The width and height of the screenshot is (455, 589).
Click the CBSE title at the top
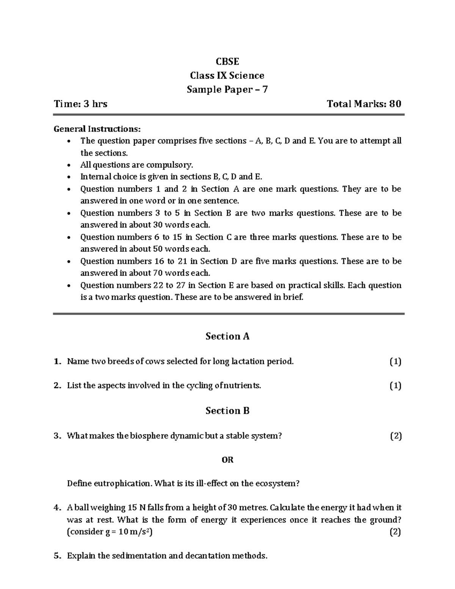(227, 61)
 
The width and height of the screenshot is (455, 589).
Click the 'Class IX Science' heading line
(227, 75)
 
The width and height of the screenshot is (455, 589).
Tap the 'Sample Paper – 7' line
(227, 90)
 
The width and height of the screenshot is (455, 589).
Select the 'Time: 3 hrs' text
(81, 104)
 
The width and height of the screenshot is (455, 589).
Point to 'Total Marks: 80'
(364, 104)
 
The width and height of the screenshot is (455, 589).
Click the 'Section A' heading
(227, 336)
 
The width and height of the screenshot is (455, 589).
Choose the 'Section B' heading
(227, 411)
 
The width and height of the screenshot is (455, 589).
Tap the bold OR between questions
(227, 460)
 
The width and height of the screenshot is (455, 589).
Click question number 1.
(57, 361)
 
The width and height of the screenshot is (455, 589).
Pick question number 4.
(57, 508)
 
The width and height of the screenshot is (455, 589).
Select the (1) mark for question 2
(395, 386)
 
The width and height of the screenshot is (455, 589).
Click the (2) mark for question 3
(396, 436)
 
